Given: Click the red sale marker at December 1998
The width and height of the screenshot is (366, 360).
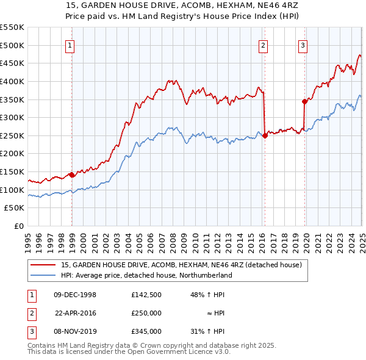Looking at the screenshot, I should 72,175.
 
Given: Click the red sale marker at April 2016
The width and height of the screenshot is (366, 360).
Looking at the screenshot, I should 265,136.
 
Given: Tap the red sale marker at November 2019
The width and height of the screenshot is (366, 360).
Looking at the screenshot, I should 304,101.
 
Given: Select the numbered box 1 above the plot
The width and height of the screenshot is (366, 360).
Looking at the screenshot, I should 71,45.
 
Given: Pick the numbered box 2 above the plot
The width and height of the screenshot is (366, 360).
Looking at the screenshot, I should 263,45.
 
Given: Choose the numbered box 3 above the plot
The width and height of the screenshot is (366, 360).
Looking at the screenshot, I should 303,45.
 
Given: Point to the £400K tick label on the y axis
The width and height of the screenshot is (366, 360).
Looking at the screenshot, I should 12,81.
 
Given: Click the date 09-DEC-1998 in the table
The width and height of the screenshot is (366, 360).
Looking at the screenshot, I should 75,295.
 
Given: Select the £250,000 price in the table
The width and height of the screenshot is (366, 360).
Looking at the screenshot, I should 146,313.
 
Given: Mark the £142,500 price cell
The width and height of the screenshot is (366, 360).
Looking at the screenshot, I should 146,295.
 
